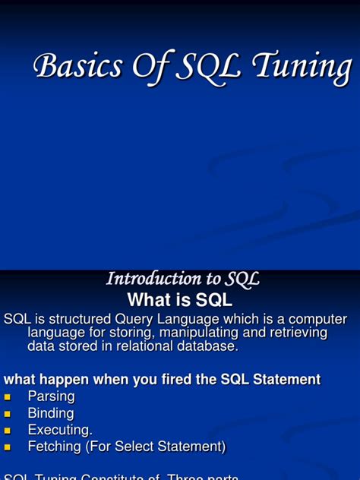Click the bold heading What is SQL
click(x=179, y=299)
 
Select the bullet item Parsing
click(x=51, y=396)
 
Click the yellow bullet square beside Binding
click(x=8, y=414)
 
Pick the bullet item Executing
click(x=60, y=430)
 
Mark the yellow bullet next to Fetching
click(x=8, y=447)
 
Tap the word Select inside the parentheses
click(x=140, y=447)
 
